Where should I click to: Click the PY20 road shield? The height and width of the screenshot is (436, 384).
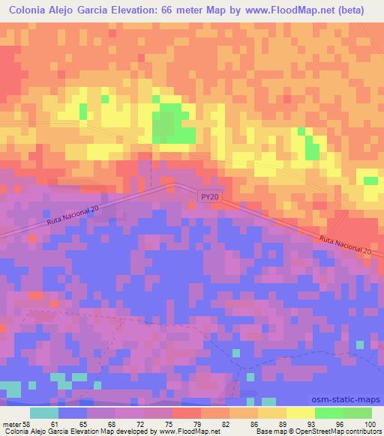point(210,196)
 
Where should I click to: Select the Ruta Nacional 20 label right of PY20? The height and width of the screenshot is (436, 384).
point(345,245)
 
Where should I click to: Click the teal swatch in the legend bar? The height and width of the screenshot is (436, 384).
point(44,413)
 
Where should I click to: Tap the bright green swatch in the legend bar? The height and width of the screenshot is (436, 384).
point(329,413)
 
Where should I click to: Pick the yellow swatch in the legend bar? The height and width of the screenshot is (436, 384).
point(301,413)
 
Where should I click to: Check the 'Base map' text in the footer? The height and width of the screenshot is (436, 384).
point(271,431)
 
